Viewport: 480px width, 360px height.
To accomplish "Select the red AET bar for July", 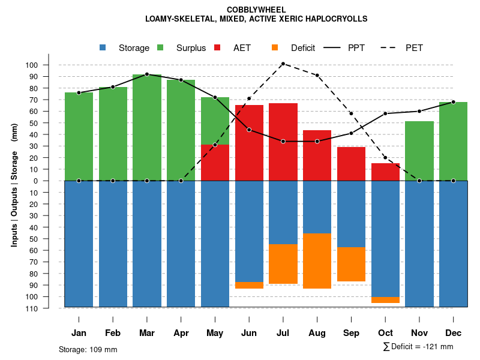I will pyautogui.click(x=283, y=142).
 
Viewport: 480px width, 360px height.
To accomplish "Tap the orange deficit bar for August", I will pyautogui.click(x=317, y=261).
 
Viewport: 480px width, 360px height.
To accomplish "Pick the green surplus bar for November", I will pyautogui.click(x=419, y=151).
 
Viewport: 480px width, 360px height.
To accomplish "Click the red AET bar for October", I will pyautogui.click(x=386, y=172).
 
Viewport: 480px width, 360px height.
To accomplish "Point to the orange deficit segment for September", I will pyautogui.click(x=352, y=264).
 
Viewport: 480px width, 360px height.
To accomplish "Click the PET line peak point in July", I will pyautogui.click(x=283, y=64).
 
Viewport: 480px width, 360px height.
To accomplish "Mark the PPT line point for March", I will pyautogui.click(x=147, y=74).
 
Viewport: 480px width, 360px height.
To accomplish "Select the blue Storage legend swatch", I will pyautogui.click(x=103, y=48).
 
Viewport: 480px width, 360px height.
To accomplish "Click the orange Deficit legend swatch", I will pyautogui.click(x=275, y=48).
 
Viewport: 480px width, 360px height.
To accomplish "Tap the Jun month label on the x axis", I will pyautogui.click(x=249, y=333).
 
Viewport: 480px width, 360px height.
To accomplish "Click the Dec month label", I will pyautogui.click(x=454, y=333).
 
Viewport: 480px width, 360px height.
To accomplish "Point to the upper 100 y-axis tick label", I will pyautogui.click(x=49, y=65).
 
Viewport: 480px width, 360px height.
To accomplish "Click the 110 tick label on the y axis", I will pyautogui.click(x=49, y=308).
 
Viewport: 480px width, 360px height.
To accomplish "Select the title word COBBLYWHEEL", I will pyautogui.click(x=256, y=10).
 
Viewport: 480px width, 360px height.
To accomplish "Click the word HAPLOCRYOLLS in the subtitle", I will pyautogui.click(x=336, y=19).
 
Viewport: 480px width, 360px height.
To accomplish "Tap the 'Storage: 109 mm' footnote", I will pyautogui.click(x=88, y=349).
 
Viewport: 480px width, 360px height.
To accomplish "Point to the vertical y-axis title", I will pyautogui.click(x=14, y=185).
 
